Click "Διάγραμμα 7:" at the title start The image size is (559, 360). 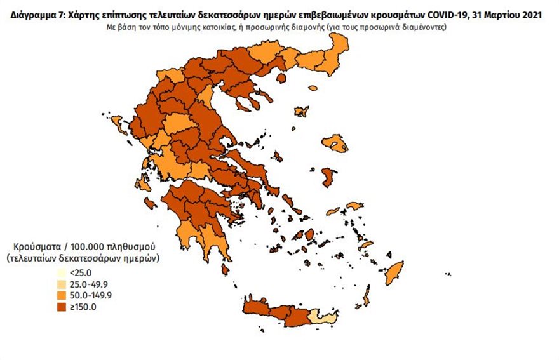coord(36,14)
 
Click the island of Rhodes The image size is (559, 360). coord(395,273)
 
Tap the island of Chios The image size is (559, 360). coord(328,177)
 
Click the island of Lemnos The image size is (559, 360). coord(302,111)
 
